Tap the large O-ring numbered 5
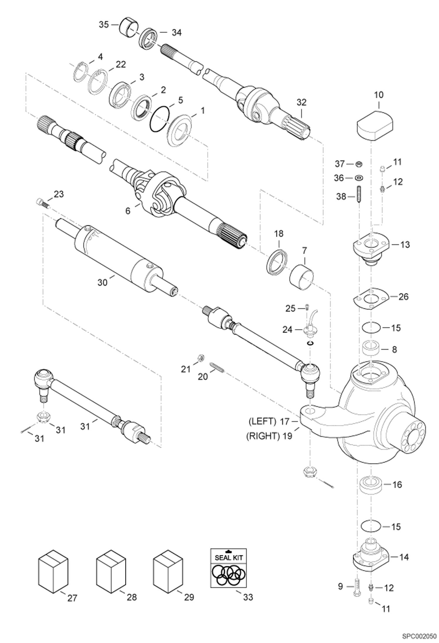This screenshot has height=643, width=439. [159, 120]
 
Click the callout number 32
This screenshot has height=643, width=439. [301, 102]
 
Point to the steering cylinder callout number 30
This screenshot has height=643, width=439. [102, 282]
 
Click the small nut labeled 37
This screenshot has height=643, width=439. [358, 164]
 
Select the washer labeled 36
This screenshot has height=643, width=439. [358, 178]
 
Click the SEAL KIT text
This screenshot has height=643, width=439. [229, 557]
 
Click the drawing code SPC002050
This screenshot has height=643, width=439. [419, 637]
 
